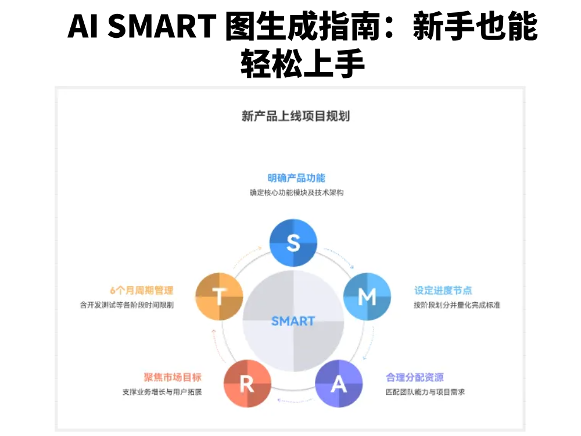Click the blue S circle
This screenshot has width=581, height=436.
293,242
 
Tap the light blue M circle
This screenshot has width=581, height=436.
367,296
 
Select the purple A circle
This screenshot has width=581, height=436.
339,384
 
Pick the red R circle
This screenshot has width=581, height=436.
247,384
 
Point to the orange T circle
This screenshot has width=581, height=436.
219,296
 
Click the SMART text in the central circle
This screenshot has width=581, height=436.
293,321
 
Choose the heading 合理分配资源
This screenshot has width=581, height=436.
415,377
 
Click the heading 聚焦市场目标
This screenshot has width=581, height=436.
173,377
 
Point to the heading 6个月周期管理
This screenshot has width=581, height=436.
142,290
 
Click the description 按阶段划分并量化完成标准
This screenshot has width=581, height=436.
457,305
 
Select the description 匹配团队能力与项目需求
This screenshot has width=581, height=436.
425,392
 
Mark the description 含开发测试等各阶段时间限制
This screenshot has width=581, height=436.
127,305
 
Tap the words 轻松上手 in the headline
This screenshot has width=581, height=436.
303,63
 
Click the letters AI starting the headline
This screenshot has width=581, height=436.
84,26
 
